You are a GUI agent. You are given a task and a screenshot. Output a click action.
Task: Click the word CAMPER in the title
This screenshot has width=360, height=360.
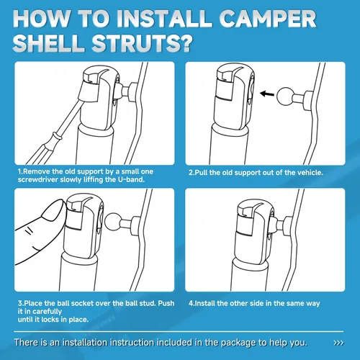click(268, 19)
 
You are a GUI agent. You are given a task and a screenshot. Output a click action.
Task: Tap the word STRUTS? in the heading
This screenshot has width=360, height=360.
click(143, 43)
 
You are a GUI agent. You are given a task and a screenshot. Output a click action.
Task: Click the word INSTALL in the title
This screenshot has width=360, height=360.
click(163, 19)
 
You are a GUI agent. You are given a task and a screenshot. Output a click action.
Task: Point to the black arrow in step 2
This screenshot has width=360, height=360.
click(267, 94)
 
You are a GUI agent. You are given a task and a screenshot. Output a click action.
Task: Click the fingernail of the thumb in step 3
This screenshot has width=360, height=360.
click(53, 210)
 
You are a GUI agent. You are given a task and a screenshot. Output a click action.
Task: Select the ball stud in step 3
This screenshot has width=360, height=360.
click(114, 221)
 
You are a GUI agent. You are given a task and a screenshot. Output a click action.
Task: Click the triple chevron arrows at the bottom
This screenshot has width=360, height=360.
click(338, 343)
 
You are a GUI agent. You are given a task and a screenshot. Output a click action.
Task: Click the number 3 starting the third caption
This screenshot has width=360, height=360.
click(20, 303)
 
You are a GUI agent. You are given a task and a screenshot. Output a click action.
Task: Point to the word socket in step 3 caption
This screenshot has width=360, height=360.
click(82, 303)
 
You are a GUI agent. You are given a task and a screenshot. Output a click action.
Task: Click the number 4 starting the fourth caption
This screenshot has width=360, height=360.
click(191, 303)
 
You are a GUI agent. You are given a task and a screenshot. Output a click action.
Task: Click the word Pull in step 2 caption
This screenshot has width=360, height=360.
click(201, 173)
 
